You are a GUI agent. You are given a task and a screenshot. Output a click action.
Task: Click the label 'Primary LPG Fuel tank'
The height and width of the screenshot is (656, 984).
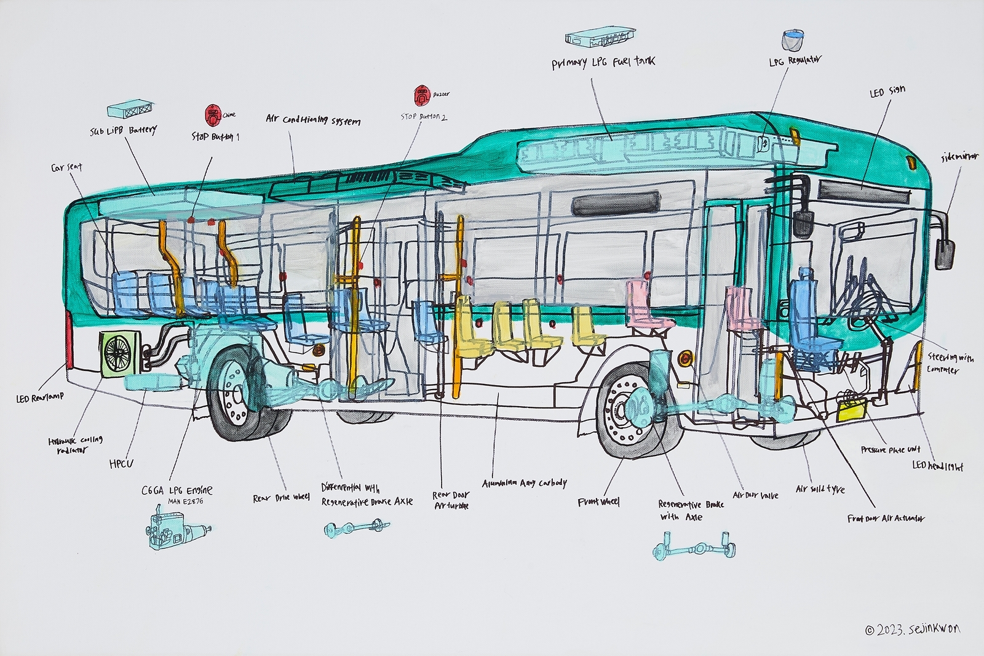[603, 62]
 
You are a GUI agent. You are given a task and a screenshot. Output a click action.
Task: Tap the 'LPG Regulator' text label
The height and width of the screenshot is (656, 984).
[795, 61]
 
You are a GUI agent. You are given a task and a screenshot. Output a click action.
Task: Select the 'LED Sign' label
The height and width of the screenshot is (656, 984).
[887, 92]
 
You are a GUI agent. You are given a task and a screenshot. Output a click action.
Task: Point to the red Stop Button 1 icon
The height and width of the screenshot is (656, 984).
[213, 114]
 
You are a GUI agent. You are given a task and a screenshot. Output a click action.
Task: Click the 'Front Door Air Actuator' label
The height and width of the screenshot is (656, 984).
[886, 519]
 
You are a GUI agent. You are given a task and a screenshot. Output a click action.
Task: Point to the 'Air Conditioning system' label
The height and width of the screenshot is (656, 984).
[312, 119]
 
